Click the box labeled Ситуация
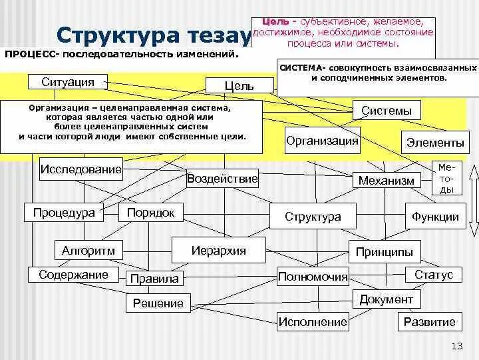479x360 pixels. tap(68, 82)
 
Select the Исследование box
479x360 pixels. tap(81, 169)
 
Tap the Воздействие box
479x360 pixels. tap(222, 179)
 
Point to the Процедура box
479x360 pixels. tap(64, 213)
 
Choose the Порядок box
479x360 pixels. tap(150, 213)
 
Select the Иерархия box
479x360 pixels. tap(219, 251)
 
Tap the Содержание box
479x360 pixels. tap(73, 275)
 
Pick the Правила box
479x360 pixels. tap(155, 279)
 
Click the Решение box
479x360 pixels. tap(158, 303)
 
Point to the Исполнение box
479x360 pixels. tap(313, 322)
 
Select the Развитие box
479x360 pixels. tap(430, 322)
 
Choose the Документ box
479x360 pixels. tap(386, 299)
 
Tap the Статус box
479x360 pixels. tap(433, 275)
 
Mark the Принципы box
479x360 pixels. tap(384, 251)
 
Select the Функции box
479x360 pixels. tap(435, 216)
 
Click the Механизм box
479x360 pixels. tap(386, 180)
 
